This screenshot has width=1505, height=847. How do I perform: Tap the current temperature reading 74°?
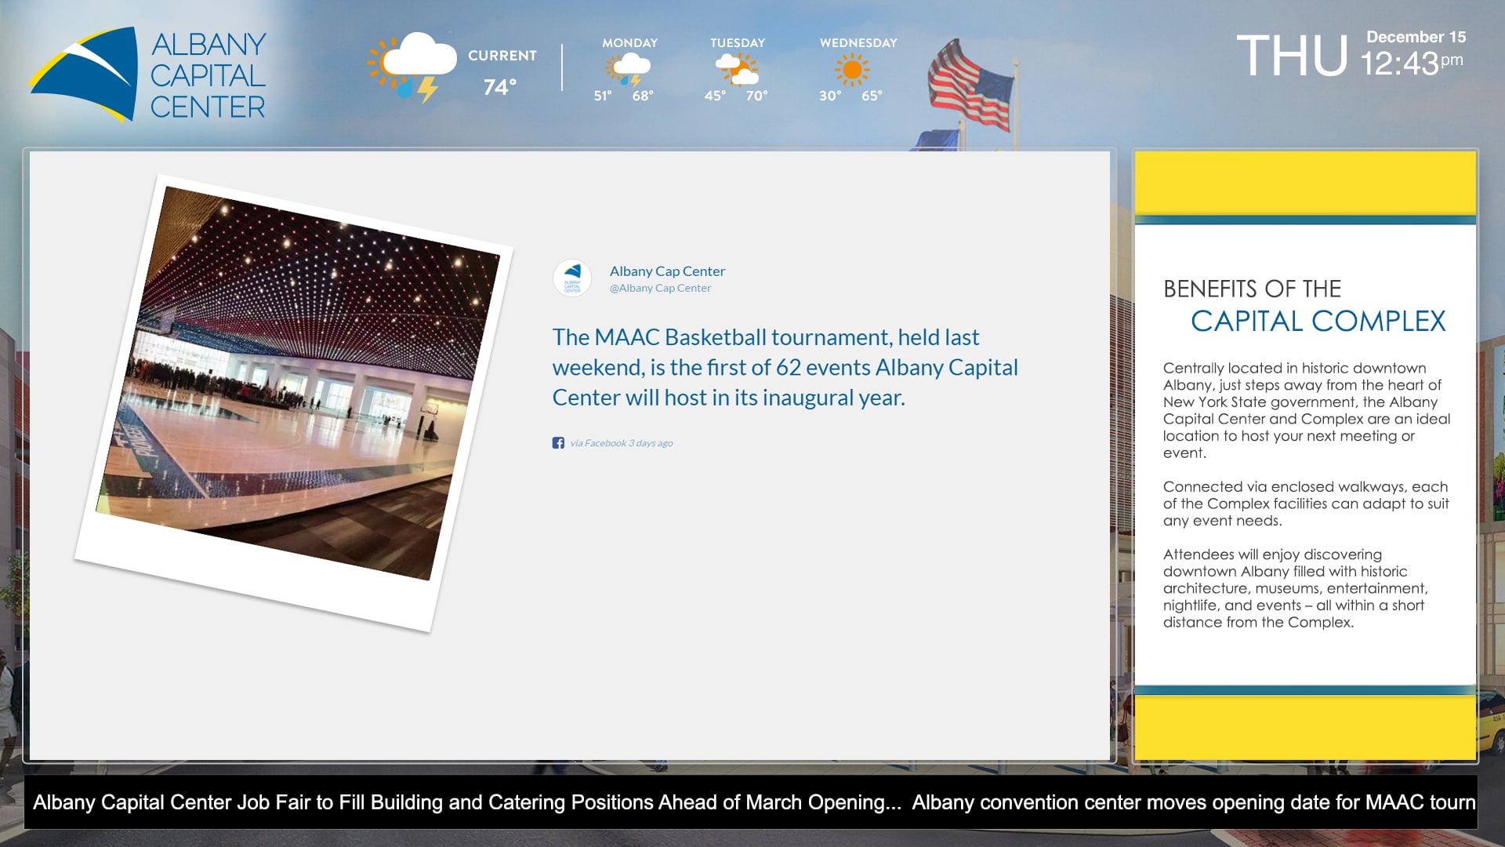click(x=500, y=87)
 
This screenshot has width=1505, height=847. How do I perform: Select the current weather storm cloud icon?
click(x=412, y=67)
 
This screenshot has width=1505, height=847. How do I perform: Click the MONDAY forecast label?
click(x=629, y=43)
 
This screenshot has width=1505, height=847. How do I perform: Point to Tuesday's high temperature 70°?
click(x=756, y=96)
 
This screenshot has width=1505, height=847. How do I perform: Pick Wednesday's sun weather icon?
click(x=852, y=71)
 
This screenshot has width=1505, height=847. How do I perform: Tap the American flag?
click(x=970, y=86)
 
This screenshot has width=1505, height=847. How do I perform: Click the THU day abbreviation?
click(x=1292, y=56)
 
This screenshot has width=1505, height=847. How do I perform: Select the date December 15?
click(x=1416, y=37)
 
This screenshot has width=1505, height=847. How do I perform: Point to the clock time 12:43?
click(x=1399, y=64)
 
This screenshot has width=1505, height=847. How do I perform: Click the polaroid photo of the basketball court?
click(x=294, y=402)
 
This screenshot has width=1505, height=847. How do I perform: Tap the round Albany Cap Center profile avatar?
click(x=572, y=278)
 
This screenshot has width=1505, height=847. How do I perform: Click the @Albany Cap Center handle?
click(x=660, y=289)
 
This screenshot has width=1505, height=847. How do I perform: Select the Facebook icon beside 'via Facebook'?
click(x=558, y=443)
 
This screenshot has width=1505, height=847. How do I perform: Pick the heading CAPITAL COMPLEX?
click(x=1318, y=321)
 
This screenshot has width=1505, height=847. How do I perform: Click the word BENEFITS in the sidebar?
click(x=1213, y=289)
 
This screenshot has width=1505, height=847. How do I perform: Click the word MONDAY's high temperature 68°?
click(x=643, y=96)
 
